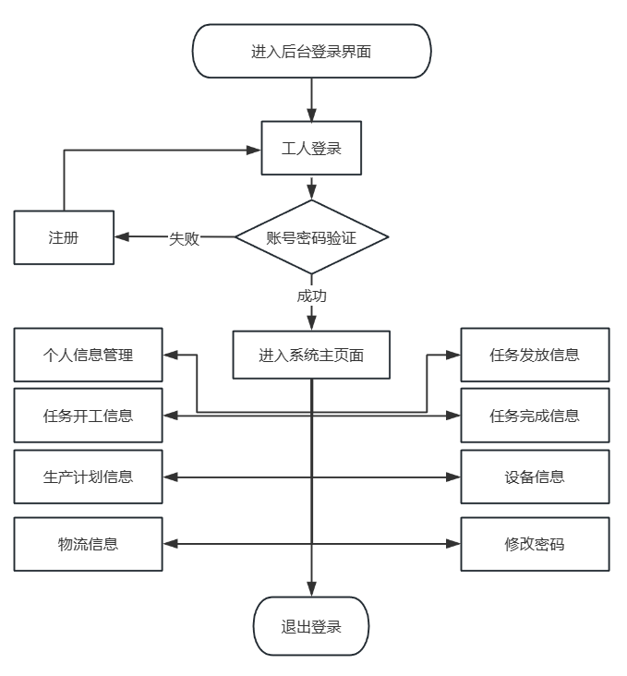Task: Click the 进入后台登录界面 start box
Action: click(x=311, y=51)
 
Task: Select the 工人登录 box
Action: click(x=311, y=148)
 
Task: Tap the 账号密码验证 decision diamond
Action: click(x=312, y=236)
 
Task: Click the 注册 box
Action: click(x=64, y=237)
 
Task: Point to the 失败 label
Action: click(x=184, y=238)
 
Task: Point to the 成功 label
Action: click(x=311, y=296)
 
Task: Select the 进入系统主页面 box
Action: click(x=311, y=355)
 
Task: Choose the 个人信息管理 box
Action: click(x=88, y=355)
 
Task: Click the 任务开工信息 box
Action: click(x=88, y=416)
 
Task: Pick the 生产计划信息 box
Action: click(x=88, y=477)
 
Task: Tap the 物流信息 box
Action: click(x=88, y=544)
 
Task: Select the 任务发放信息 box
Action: click(x=535, y=355)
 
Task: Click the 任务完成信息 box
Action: click(x=535, y=416)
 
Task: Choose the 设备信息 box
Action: click(x=535, y=477)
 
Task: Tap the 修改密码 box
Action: click(x=535, y=544)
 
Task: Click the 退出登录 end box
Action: click(x=311, y=626)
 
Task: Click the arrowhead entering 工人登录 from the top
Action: click(x=311, y=115)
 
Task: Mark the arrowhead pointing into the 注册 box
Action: click(x=122, y=236)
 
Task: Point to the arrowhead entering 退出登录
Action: click(x=311, y=590)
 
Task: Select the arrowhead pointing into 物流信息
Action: click(x=170, y=544)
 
